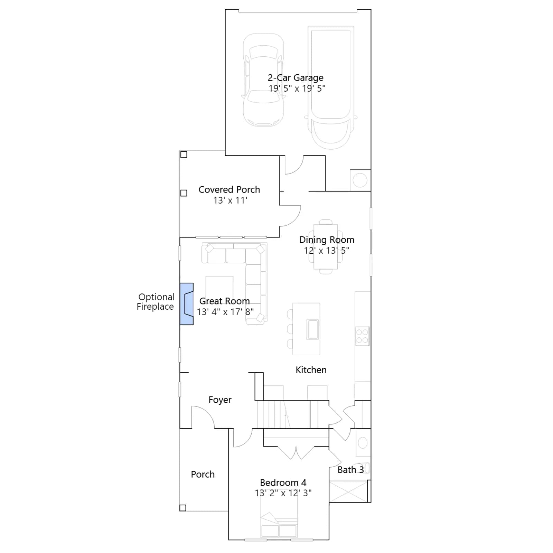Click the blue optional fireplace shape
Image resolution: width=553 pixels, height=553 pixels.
coord(186,304)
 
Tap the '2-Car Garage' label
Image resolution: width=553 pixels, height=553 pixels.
coord(296,78)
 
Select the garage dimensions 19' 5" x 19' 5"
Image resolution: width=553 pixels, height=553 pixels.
coord(297,88)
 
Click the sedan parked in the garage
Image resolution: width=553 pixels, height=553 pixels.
coord(264,80)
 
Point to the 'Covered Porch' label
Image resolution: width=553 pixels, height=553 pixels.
coord(229,189)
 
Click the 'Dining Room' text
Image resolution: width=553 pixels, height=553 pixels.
coord(327,240)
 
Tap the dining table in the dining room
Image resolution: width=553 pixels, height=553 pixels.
coord(326,246)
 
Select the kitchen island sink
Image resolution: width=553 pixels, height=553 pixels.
coord(312,330)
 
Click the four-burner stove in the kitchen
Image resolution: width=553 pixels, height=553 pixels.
coord(362,336)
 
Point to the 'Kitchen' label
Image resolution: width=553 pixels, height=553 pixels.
coord(311,370)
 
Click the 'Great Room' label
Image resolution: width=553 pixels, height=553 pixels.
coord(224,301)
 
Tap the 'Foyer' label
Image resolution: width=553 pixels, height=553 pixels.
coord(220,400)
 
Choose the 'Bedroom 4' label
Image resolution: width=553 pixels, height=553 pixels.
coord(283,482)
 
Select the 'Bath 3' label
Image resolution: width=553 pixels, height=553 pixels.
coord(350,470)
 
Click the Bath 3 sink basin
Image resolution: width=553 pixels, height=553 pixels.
coord(363,443)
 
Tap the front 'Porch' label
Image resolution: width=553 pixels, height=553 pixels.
coord(203,474)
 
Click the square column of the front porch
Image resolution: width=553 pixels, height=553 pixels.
coord(183,508)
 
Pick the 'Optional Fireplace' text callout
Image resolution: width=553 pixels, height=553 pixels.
coord(156,302)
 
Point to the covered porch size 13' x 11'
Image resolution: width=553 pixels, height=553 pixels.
coord(230,200)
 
